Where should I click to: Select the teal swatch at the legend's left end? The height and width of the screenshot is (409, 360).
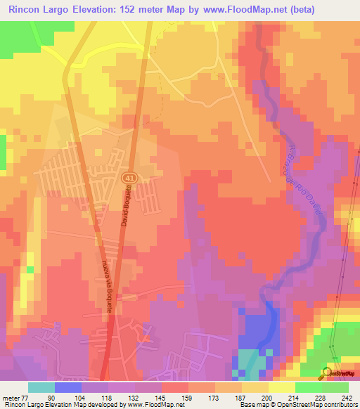point(41,387)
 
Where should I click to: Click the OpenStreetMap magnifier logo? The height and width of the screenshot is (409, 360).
point(326,372)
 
